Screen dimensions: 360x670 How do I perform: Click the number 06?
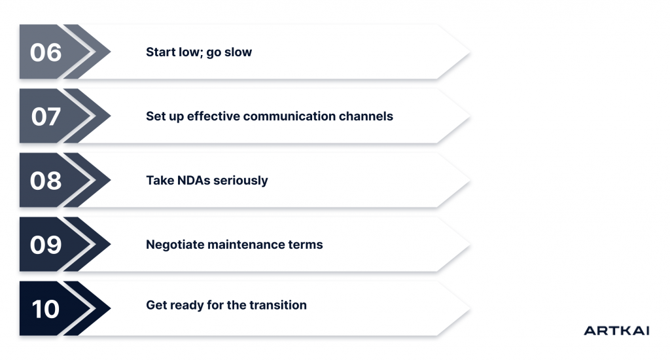(46, 52)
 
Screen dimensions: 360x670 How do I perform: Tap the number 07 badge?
(46, 117)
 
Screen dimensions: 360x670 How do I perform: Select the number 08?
(46, 181)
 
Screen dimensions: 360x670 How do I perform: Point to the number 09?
(46, 245)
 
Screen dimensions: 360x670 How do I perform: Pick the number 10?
(46, 308)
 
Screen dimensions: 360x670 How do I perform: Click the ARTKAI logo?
(616, 331)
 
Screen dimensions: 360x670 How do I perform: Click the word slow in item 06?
(238, 52)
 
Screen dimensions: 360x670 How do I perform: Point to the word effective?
(213, 117)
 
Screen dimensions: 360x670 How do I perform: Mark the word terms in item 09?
(307, 245)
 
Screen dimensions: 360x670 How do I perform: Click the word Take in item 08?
(160, 181)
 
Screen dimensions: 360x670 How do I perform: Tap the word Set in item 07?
(156, 117)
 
